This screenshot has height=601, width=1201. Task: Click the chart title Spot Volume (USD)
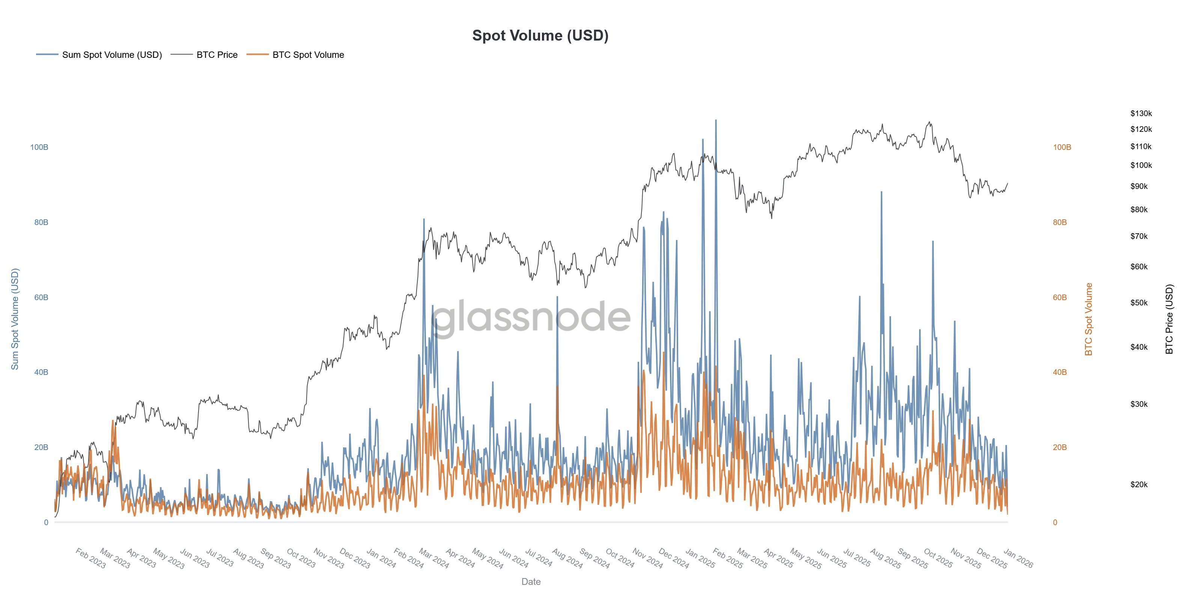pos(540,35)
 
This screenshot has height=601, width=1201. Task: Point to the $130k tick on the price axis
pos(1141,113)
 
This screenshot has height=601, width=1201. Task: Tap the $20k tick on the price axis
pos(1139,484)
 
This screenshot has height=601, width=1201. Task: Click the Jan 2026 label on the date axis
pos(1018,558)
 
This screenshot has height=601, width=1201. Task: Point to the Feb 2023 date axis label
pos(91,558)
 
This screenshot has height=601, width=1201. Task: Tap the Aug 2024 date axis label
pos(567,558)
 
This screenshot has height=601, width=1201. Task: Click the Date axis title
pos(531,581)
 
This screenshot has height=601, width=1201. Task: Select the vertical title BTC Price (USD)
pos(1169,319)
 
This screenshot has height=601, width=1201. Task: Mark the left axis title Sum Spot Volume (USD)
pos(15,319)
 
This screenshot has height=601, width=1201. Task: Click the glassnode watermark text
pos(531,317)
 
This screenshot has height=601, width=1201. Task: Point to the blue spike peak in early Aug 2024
pos(557,297)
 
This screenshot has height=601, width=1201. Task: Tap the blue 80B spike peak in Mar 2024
pos(424,219)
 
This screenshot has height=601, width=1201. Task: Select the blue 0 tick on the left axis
pos(46,522)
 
